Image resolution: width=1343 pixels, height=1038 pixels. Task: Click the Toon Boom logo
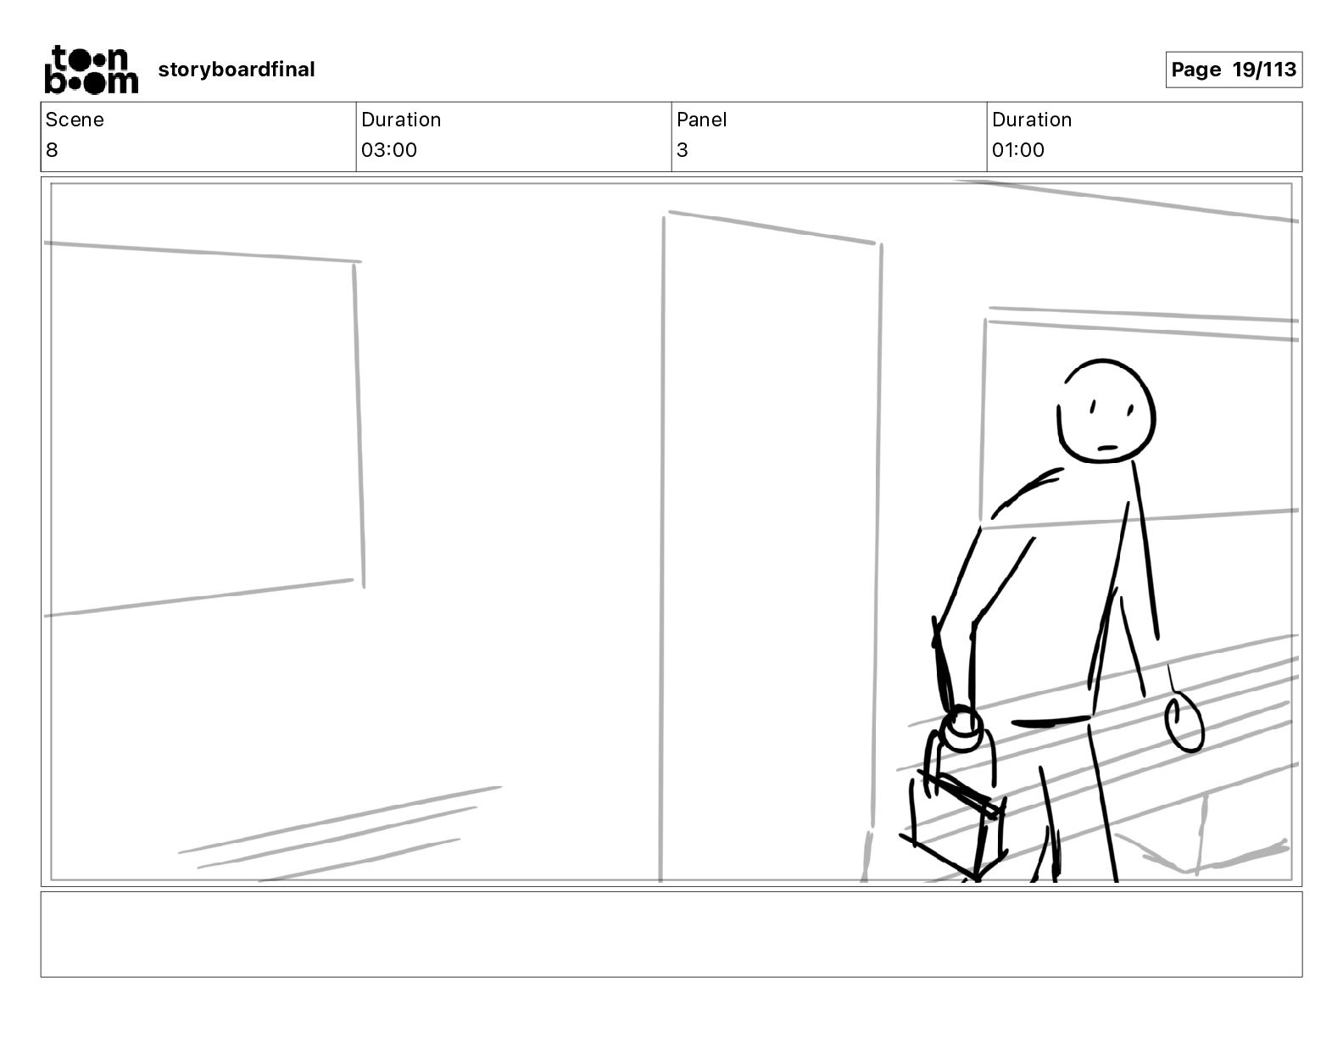pos(92,70)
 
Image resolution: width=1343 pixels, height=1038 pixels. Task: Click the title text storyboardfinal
pos(236,70)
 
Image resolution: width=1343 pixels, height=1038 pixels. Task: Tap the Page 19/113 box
pos(1234,70)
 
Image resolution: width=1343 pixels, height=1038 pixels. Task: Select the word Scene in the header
pos(74,120)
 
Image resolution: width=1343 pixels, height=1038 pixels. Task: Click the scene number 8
pos(52,149)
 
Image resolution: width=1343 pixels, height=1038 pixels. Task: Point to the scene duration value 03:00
pos(389,149)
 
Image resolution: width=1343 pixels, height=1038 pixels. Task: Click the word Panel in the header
pos(701,120)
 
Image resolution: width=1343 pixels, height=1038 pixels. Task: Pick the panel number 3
pos(683,149)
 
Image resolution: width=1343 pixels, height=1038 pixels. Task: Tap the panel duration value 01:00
pos(1018,149)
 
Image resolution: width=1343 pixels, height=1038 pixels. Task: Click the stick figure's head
pos(1106,410)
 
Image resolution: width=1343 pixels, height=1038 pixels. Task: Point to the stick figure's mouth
pos(1107,448)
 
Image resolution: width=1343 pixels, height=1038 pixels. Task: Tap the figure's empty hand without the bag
pos(1184,722)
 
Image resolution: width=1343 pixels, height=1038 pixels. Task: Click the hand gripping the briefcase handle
pos(961,728)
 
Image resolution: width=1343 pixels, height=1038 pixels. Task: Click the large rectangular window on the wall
pos(204,427)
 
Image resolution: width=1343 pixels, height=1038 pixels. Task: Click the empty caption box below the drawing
pos(671,935)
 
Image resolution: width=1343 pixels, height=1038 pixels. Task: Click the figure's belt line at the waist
pos(1050,721)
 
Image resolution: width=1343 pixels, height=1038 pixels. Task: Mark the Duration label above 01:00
pos(1032,120)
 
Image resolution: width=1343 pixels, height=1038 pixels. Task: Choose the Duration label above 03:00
pos(401,120)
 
